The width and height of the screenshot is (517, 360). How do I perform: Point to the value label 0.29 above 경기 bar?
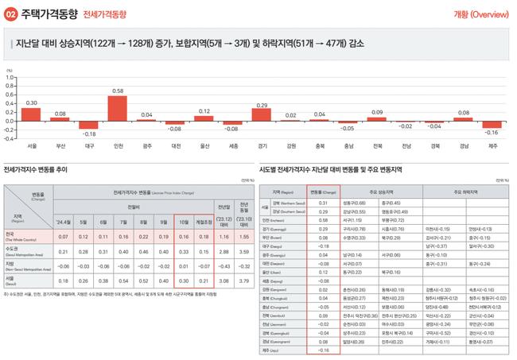click(260, 105)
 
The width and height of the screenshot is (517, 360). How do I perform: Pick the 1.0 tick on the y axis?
click(11, 76)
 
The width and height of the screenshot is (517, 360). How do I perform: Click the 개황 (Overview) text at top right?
click(479, 14)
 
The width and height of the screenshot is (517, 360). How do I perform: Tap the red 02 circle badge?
click(11, 14)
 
